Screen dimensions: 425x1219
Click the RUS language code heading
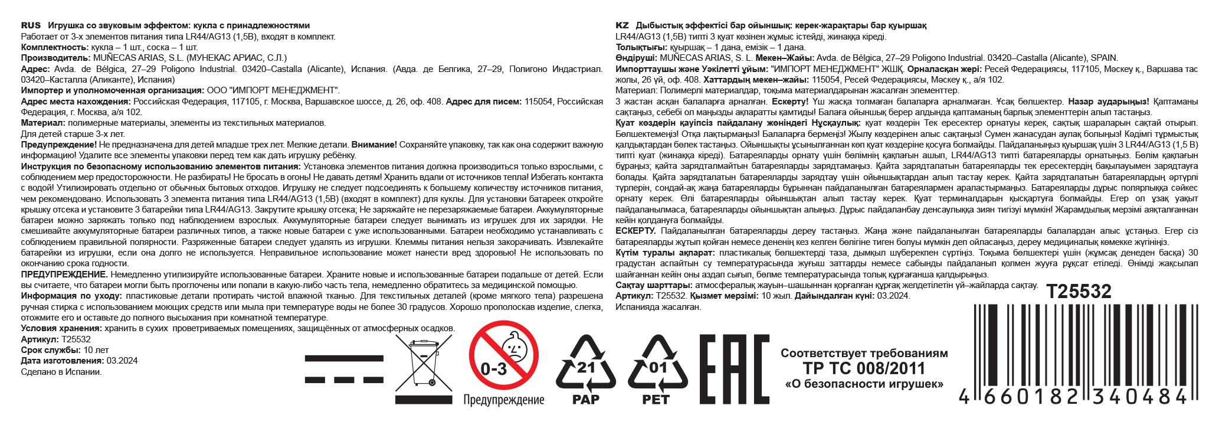[31, 25]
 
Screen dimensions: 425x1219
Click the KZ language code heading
[622, 25]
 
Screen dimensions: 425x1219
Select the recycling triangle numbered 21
[585, 364]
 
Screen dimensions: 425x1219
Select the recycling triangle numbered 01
[657, 364]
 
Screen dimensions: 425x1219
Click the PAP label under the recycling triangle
[585, 400]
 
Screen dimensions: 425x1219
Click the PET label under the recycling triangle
[656, 400]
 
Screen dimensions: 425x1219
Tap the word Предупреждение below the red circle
[503, 400]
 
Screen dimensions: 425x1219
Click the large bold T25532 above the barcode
[1079, 291]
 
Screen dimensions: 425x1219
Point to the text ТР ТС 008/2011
[864, 369]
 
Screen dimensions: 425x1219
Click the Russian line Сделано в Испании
[61, 372]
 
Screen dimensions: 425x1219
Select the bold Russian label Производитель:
[56, 58]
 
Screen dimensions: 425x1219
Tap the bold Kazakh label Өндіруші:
[636, 58]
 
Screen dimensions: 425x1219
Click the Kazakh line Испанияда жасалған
[658, 307]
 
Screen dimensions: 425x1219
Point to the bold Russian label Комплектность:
[54, 47]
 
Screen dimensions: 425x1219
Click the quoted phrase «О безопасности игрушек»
[864, 384]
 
